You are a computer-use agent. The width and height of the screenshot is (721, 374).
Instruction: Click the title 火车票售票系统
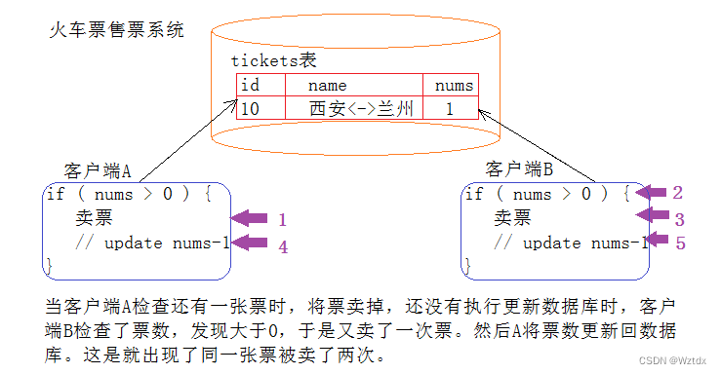(x=116, y=30)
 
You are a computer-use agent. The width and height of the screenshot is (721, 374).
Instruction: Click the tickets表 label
(x=273, y=60)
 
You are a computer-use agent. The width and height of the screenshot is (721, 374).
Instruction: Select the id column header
(x=249, y=85)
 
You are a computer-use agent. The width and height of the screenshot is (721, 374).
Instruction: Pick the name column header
(x=327, y=85)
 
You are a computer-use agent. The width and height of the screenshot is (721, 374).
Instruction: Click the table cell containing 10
(x=249, y=109)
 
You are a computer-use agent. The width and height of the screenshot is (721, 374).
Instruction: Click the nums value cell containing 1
(x=450, y=109)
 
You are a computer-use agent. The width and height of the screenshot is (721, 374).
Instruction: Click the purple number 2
(x=677, y=193)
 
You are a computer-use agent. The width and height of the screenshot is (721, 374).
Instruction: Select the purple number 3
(x=680, y=219)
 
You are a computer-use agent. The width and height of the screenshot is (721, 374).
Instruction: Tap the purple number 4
(x=283, y=247)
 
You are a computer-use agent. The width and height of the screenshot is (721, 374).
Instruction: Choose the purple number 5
(x=680, y=243)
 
